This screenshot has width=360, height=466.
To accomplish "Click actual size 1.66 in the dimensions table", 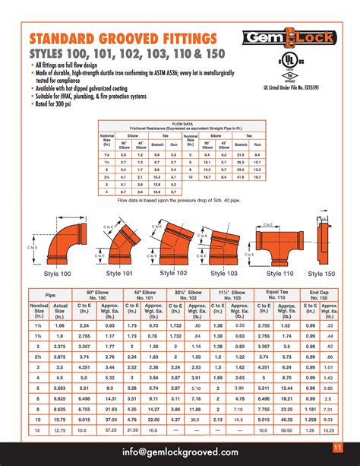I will pyautogui.click(x=60, y=325).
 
